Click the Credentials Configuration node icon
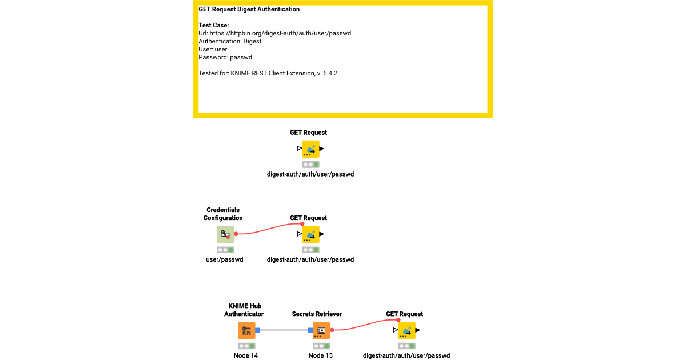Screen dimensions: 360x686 pos(225,234)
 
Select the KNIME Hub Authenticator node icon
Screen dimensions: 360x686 pos(246,330)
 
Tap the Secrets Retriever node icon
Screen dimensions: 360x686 pos(321,330)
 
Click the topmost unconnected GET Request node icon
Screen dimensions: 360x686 pos(310,149)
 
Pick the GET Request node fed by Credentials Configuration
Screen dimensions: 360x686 pos(310,234)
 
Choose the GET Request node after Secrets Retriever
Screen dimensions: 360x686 pos(406,330)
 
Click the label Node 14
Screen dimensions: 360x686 pos(246,355)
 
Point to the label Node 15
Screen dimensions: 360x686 pos(320,355)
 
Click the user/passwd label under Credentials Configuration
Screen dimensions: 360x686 pos(225,259)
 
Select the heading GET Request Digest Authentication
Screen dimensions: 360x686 pos(249,9)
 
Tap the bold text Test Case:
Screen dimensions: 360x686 pos(213,25)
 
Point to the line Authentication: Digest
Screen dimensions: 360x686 pos(230,41)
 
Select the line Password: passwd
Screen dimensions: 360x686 pos(225,57)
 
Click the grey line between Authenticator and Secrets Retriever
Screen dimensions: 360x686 pos(284,330)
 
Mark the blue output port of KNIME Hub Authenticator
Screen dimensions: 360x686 pos(258,330)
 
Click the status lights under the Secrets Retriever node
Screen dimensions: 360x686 pos(321,346)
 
